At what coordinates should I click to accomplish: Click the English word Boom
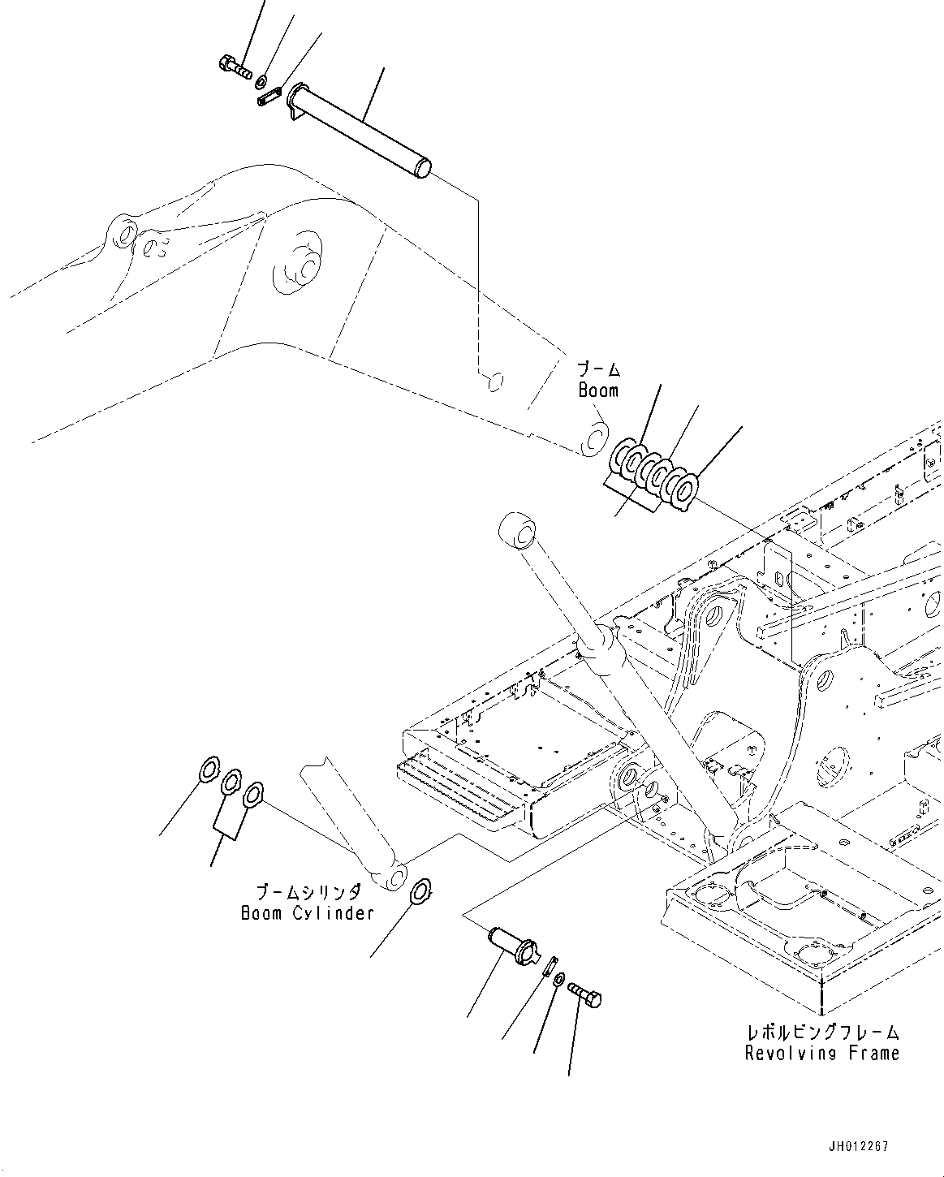point(598,390)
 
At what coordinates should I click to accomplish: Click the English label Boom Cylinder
point(307,913)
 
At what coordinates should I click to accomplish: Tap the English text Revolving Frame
point(822,1054)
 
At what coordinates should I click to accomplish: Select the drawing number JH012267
point(859,1147)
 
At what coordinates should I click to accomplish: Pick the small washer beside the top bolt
point(262,82)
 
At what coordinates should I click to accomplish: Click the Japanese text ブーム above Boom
point(599,370)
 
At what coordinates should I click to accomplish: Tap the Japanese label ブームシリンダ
point(308,892)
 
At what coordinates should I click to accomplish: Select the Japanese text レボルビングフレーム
point(822,1033)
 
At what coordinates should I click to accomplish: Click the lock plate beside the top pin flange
point(269,97)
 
